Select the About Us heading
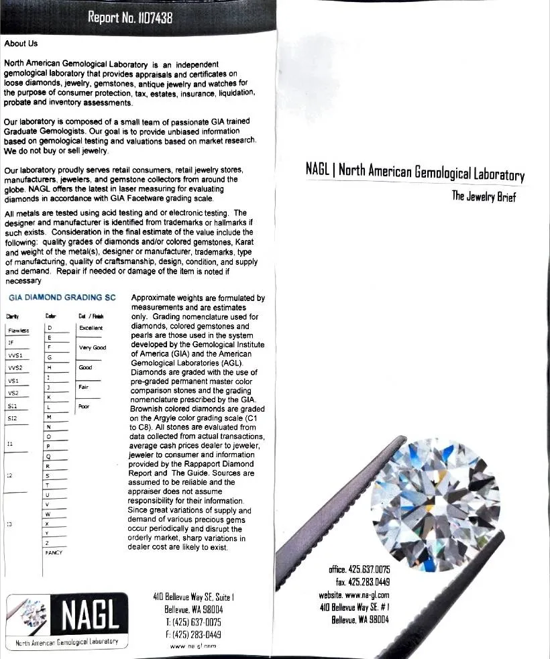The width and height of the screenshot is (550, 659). tap(21, 44)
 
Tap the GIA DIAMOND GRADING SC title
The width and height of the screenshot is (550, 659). tap(62, 297)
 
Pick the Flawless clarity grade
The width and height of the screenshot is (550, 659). tap(18, 330)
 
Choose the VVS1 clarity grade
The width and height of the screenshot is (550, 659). tap(15, 355)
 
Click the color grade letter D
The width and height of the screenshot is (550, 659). tap(49, 328)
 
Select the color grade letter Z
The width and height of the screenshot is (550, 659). tap(48, 542)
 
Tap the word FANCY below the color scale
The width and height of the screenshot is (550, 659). tap(54, 552)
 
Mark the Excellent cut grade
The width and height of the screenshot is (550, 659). tap(91, 328)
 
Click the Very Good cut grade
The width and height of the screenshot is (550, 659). tap(93, 347)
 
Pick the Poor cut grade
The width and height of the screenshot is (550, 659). tap(84, 406)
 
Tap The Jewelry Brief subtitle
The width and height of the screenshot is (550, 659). tap(483, 197)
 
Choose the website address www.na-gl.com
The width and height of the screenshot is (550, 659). tap(354, 595)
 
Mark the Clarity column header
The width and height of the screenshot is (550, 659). tap(13, 316)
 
